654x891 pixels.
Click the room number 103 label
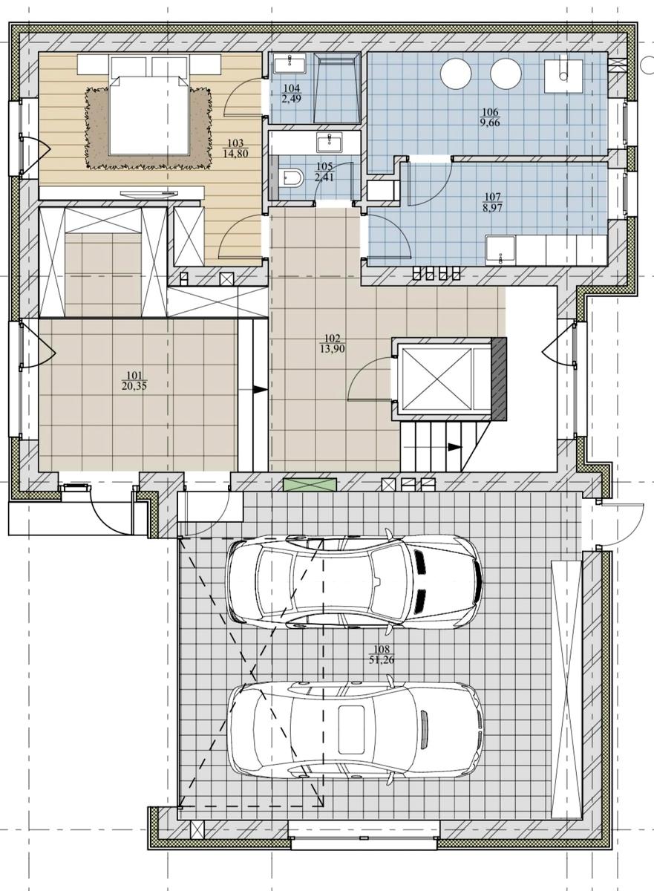click(235, 143)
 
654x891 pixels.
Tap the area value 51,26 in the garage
click(382, 660)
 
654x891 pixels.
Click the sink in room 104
click(290, 63)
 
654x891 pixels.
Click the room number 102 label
click(332, 339)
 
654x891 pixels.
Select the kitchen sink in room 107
click(500, 250)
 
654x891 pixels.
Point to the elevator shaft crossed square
click(436, 379)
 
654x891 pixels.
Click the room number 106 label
click(490, 113)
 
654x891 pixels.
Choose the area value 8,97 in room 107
click(493, 208)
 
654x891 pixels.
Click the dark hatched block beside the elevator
click(499, 379)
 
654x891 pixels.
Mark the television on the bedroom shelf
click(148, 194)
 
